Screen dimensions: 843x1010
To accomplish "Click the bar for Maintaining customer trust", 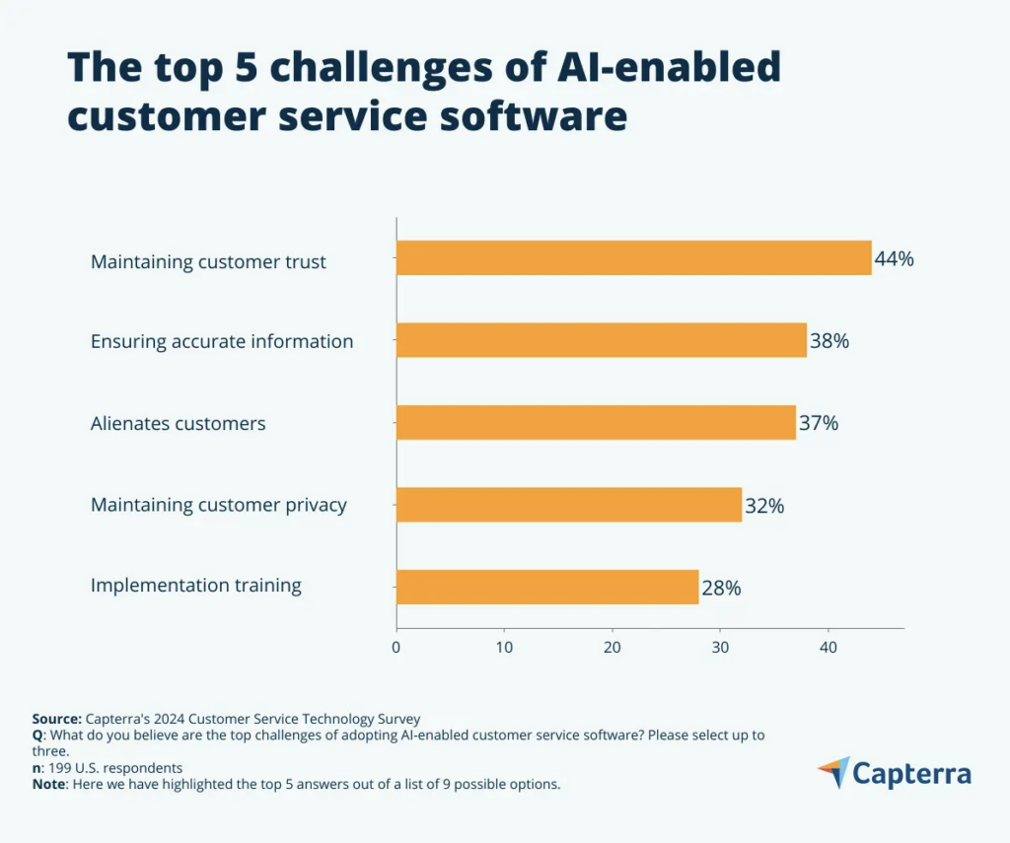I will point(633,258).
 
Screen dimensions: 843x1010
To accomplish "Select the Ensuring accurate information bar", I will point(601,341).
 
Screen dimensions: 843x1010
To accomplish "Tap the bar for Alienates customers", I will point(596,423).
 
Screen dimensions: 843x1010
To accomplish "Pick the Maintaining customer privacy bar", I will point(568,505).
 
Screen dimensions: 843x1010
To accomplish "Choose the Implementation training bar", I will point(546,587).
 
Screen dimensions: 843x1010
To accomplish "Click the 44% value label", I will point(895,259).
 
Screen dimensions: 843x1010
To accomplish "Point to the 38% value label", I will point(830,342).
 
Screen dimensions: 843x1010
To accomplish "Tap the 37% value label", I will point(819,424).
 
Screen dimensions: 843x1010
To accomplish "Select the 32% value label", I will point(764,506).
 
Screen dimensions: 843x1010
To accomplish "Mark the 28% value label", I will point(721,589).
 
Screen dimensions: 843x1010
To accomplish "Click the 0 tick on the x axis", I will point(397,648).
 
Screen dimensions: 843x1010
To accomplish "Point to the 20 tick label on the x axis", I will point(613,648).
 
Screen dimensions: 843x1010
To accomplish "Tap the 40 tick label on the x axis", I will point(829,648).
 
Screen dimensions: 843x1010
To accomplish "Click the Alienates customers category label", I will point(179,424).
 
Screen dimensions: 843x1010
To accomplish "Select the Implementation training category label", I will point(196,586).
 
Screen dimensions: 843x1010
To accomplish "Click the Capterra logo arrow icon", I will point(833,773).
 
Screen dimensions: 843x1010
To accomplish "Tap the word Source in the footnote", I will point(56,719).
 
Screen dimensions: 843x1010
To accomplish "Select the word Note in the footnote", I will point(49,785).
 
